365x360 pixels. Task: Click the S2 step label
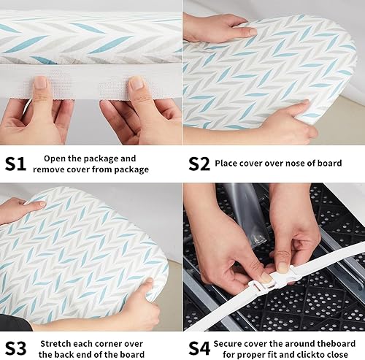tap(199, 163)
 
